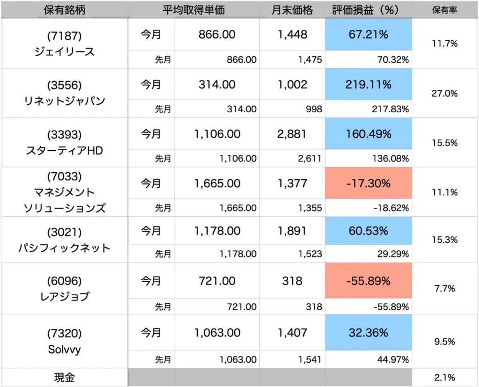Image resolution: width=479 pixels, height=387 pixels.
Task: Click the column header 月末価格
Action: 292,9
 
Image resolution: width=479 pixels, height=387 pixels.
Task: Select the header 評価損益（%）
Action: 368,9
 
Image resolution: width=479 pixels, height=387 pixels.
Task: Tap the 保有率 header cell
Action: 444,9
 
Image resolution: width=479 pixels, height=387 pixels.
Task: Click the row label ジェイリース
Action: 65,52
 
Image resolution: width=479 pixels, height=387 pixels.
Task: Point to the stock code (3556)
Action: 65,85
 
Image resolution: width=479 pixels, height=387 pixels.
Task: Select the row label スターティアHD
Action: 65,151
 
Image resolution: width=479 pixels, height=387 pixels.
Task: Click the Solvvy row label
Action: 65,349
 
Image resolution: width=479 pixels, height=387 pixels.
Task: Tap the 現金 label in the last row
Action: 65,377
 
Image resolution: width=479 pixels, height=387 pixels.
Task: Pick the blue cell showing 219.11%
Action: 368,85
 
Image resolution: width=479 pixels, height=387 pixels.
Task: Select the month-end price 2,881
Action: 292,134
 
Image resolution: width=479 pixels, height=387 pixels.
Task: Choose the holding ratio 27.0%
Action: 444,93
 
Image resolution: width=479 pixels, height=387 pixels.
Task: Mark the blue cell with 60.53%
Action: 368,231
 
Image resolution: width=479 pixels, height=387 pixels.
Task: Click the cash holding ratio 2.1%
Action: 444,377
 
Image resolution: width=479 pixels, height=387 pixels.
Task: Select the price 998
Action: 313,109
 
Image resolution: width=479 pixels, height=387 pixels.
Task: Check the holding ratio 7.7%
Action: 444,289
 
